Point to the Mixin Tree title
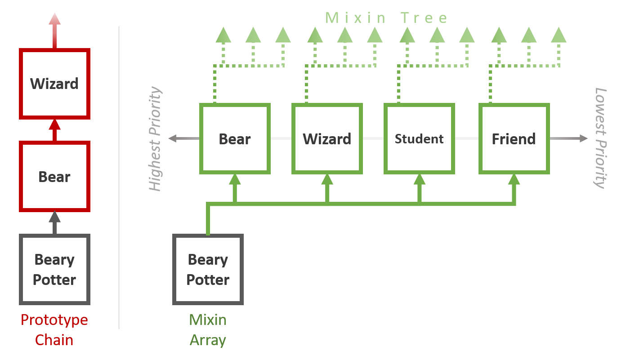(386, 18)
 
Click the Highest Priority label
(155, 139)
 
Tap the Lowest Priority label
(600, 138)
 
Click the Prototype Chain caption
(54, 330)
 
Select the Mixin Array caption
(208, 330)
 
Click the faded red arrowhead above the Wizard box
(54, 19)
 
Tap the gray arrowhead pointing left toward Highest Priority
(172, 138)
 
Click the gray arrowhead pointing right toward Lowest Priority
(583, 138)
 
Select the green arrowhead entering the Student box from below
(419, 179)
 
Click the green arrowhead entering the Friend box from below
(514, 179)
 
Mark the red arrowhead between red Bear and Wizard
(54, 124)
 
